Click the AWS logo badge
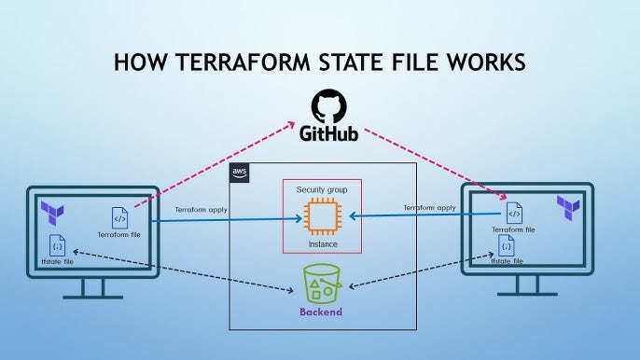pyautogui.click(x=238, y=173)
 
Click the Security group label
pyautogui.click(x=321, y=190)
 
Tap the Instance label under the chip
pyautogui.click(x=321, y=244)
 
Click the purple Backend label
pyautogui.click(x=320, y=310)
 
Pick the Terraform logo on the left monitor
pyautogui.click(x=51, y=214)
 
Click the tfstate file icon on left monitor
pyautogui.click(x=56, y=246)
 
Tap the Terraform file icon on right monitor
pyautogui.click(x=513, y=211)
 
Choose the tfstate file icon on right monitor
pyautogui.click(x=506, y=245)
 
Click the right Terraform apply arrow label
pyautogui.click(x=429, y=207)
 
